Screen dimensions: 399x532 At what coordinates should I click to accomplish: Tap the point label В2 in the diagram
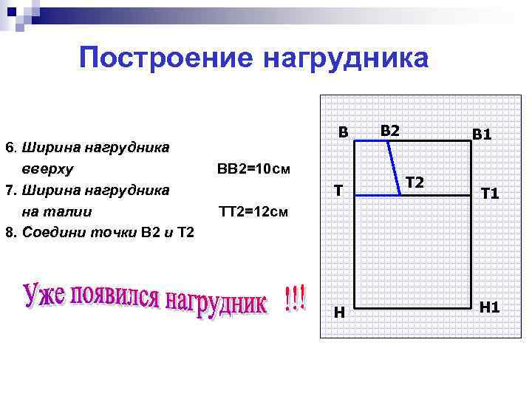click(x=390, y=130)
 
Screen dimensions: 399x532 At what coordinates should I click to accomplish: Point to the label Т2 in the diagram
click(x=415, y=182)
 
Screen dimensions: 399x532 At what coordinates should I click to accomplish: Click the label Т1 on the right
click(x=490, y=194)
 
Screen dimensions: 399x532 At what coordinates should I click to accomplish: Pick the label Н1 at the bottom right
click(x=489, y=307)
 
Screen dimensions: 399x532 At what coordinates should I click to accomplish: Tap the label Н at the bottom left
click(x=339, y=313)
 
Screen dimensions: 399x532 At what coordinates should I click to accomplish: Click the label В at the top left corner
click(x=343, y=132)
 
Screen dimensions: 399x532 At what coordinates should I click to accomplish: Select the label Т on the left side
click(x=338, y=191)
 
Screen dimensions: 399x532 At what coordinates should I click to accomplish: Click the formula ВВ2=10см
click(x=254, y=169)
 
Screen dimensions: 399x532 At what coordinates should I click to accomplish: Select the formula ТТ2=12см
click(x=253, y=213)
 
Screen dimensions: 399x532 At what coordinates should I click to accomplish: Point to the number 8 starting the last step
click(x=8, y=233)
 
